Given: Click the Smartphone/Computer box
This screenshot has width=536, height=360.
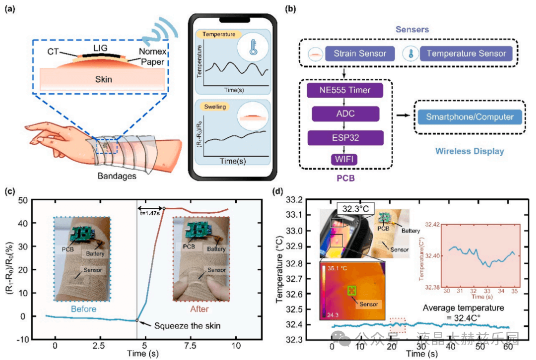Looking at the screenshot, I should (469, 118).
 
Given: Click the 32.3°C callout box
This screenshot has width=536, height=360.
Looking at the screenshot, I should (356, 208).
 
